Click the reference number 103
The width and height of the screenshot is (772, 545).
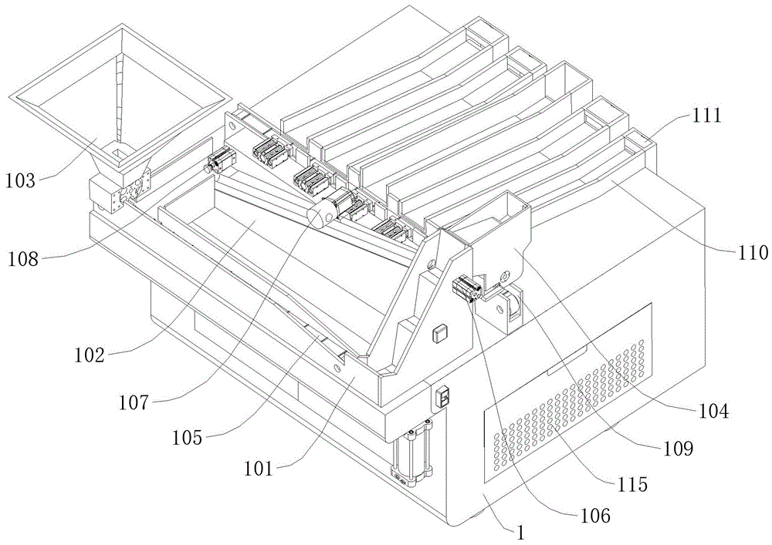pos(21,180)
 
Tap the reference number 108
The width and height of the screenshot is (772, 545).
pos(22,259)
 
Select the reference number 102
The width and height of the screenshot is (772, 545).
pos(90,355)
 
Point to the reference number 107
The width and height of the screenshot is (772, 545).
pos(133,402)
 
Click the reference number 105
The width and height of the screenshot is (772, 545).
pos(187,437)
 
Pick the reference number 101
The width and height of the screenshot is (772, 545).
pos(258,469)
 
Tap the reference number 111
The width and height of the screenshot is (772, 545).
pos(706,116)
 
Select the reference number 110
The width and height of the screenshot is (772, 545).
pos(753,252)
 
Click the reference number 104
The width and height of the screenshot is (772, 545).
pos(713,411)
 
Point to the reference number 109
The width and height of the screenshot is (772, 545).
pos(677,448)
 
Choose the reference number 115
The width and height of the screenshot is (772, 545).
pos(632,485)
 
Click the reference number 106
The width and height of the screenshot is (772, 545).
pos(594,516)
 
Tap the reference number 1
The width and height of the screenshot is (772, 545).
pos(520,533)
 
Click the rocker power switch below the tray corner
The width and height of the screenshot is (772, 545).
pos(443,396)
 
